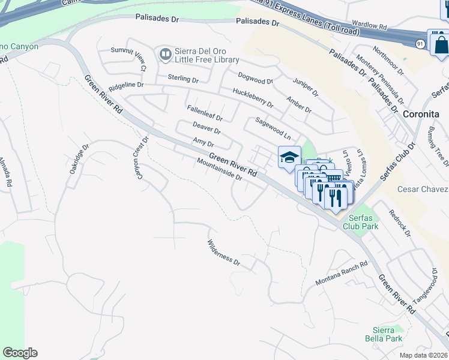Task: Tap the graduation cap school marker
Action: pos(289,157)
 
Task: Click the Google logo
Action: pos(20,353)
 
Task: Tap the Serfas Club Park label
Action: pos(360,223)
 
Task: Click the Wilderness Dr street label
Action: pos(223,253)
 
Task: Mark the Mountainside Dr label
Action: pos(219,170)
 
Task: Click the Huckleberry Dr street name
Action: pos(252,98)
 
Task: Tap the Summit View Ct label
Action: pos(127,59)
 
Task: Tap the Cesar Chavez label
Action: pos(423,190)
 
